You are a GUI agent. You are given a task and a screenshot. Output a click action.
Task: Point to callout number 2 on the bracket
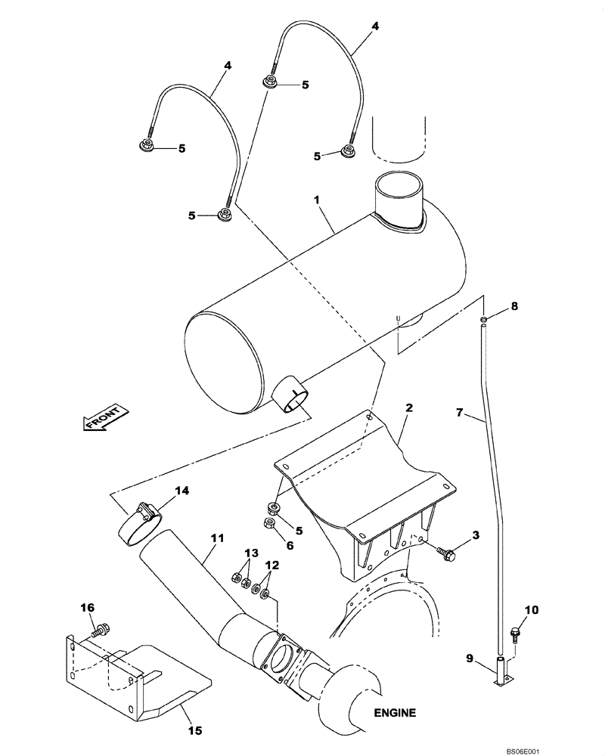(408, 408)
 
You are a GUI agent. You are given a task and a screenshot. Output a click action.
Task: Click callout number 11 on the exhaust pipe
(218, 538)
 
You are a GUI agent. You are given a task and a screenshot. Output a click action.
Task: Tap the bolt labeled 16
(101, 627)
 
